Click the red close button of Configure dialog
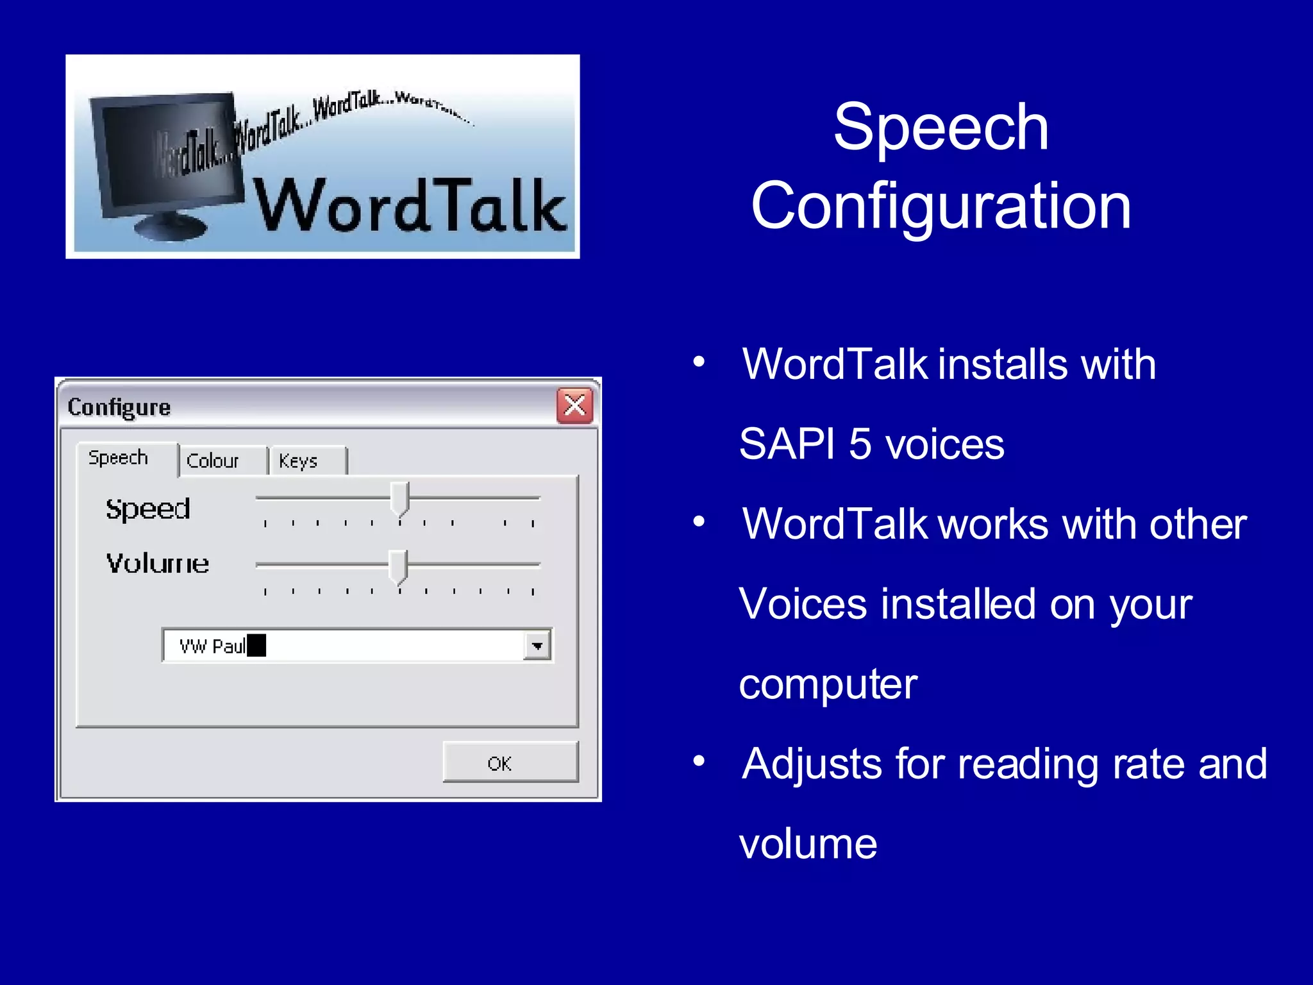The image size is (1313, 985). pyautogui.click(x=574, y=405)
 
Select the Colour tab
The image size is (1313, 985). pyautogui.click(x=213, y=460)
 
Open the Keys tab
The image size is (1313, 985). pyautogui.click(x=299, y=460)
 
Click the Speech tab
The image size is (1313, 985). pyautogui.click(x=119, y=458)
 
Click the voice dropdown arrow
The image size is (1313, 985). pyautogui.click(x=537, y=646)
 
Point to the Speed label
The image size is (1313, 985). pyautogui.click(x=148, y=509)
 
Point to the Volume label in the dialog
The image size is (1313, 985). pyautogui.click(x=158, y=563)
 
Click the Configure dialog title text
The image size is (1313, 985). pyautogui.click(x=119, y=407)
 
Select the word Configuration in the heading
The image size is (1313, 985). pyautogui.click(x=941, y=205)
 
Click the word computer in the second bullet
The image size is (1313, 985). pyautogui.click(x=828, y=685)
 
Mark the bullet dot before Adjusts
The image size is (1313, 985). pyautogui.click(x=699, y=762)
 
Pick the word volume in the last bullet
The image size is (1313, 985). pyautogui.click(x=808, y=844)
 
